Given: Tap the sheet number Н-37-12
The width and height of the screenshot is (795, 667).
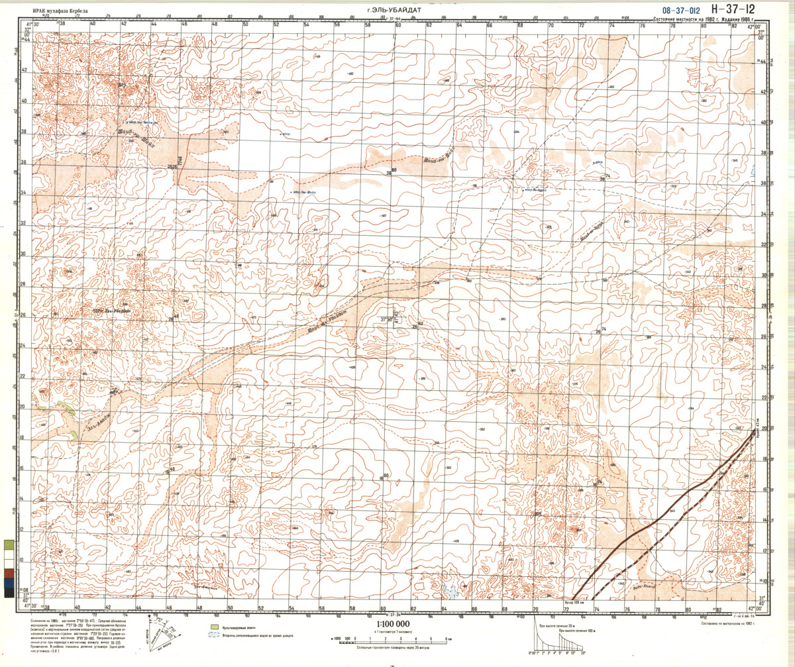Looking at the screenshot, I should coord(731,9).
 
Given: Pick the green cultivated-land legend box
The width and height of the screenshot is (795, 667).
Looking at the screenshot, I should coord(215,625).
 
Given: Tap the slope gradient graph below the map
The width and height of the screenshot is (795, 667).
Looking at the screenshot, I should coord(557,640).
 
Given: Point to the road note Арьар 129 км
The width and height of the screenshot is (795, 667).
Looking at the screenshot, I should coord(574,602).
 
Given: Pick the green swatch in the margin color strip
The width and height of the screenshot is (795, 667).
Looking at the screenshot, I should coord(7,545).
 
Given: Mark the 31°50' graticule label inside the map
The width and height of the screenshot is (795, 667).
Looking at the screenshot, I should coord(387,319).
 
